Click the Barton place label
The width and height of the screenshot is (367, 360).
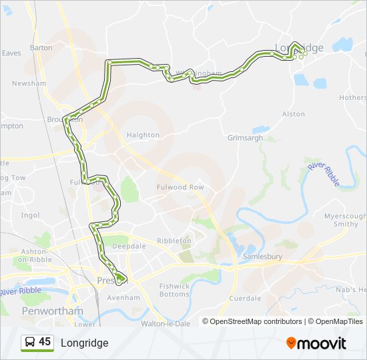pyautogui.click(x=41, y=48)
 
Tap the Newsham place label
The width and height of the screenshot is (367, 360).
pyautogui.click(x=29, y=83)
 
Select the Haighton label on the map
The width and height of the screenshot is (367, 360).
pyautogui.click(x=143, y=135)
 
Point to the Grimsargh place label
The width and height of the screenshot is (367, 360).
pyautogui.click(x=246, y=138)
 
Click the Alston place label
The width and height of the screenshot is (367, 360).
pyautogui.click(x=294, y=115)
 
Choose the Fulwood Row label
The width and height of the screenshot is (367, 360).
pyautogui.click(x=180, y=187)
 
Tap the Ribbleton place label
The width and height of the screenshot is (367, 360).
pyautogui.click(x=174, y=241)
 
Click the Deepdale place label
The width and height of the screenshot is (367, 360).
pyautogui.click(x=129, y=246)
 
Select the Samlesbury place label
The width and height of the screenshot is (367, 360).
pyautogui.click(x=260, y=256)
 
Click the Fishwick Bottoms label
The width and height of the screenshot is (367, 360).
pyautogui.click(x=174, y=290)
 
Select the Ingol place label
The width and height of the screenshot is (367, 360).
pyautogui.click(x=30, y=215)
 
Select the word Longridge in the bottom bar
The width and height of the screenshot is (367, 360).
pyautogui.click(x=84, y=343)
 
